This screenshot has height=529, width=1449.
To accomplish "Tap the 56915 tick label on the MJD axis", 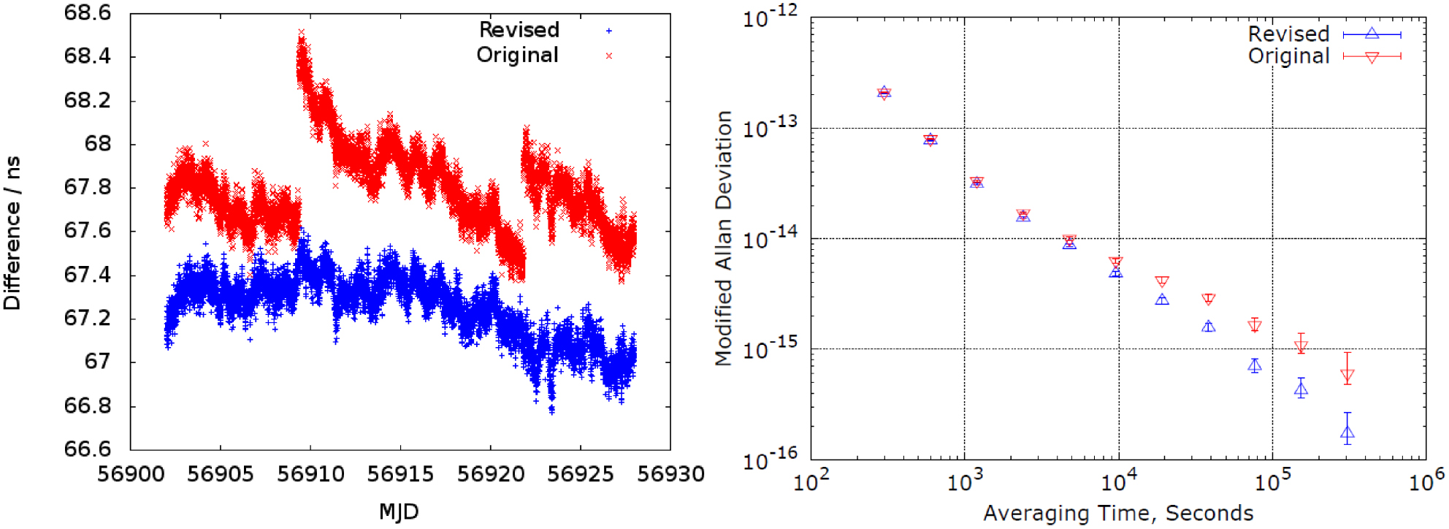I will (400, 474).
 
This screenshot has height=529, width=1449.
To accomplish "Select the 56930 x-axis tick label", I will (670, 474).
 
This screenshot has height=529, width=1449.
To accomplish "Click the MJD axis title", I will (399, 511).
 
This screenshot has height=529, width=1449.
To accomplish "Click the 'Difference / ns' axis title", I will (12, 232).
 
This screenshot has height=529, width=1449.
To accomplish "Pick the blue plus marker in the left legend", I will (608, 31).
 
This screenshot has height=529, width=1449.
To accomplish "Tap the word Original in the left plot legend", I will (517, 56).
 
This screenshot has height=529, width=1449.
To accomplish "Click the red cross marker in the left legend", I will (608, 56).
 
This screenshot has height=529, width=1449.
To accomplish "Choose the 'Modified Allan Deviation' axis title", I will (723, 238).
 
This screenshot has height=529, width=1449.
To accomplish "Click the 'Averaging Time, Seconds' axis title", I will (1117, 514).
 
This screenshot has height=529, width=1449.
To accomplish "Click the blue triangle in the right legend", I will (1372, 34).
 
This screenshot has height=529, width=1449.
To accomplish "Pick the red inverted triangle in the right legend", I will (1372, 57).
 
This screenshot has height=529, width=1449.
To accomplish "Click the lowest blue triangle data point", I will (1347, 433).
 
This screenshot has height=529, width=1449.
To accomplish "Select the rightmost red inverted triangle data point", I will (1347, 376).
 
